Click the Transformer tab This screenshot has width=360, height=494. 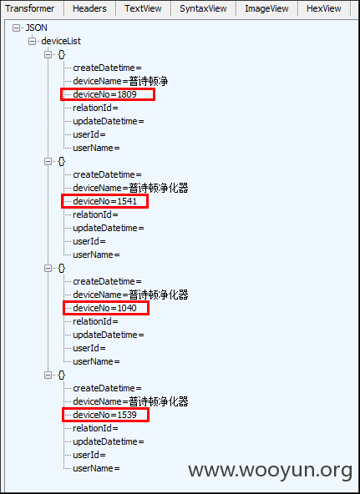tap(30, 8)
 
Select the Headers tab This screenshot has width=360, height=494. tap(89, 8)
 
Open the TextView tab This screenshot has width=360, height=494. tap(143, 8)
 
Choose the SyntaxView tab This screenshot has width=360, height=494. tap(203, 8)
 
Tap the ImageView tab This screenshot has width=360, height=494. tap(266, 8)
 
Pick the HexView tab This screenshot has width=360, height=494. tap(324, 8)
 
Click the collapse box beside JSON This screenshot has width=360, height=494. tap(16, 28)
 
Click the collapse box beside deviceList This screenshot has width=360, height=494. tap(32, 41)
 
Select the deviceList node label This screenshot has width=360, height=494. tap(61, 41)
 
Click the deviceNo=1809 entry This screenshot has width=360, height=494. tap(104, 94)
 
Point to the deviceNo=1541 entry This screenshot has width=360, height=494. tap(104, 201)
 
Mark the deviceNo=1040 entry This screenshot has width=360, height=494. tap(104, 308)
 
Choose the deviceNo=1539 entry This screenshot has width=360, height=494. tap(104, 415)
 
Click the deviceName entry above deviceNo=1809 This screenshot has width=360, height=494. tap(120, 81)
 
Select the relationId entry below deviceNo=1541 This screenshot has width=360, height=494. tap(95, 214)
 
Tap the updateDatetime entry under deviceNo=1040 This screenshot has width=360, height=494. tap(109, 335)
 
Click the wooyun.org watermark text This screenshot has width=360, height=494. tap(270, 471)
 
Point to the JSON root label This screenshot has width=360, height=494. tap(36, 28)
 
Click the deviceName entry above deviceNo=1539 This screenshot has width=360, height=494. tap(130, 401)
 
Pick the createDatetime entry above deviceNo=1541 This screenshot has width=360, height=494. tap(107, 174)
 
